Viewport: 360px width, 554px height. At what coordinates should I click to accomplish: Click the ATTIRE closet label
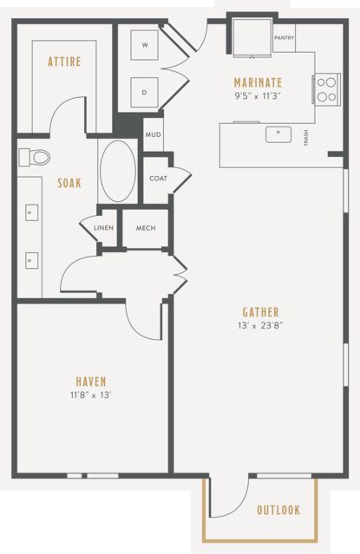coord(64,62)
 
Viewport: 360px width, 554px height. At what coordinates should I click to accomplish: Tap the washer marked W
coord(144,45)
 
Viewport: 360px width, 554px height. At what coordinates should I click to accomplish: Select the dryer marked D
coord(144,92)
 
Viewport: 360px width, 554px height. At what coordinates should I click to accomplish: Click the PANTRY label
coord(285,37)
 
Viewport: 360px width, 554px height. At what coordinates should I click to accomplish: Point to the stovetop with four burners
coord(326,89)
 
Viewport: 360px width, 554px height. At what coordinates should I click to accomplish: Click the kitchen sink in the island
coord(278,134)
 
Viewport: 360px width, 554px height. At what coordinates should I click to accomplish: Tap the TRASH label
coord(306,138)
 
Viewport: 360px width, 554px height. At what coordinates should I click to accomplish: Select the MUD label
coord(154,134)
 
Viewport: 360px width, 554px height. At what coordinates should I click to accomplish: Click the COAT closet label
coord(158,179)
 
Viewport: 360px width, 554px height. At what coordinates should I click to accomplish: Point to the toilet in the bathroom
coord(35,157)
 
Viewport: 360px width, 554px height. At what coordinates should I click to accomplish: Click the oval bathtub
coord(118,172)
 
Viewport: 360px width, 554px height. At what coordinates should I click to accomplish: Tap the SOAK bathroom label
coord(69,183)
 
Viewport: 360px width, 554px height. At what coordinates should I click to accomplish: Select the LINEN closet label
coord(103,228)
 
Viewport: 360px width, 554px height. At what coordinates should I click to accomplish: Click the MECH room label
coord(146,228)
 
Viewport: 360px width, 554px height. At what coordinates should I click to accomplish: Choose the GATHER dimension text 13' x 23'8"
coord(260,325)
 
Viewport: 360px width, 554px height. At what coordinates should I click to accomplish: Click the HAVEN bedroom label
coord(91,381)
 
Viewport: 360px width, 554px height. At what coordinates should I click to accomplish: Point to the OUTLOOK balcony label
coord(278,510)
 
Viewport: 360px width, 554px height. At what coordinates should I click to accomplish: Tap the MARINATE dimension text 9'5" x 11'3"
coord(258,96)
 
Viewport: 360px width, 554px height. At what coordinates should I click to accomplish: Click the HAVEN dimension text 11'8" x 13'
coord(91,395)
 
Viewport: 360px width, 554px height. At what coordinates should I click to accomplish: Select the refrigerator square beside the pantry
coord(252,36)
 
